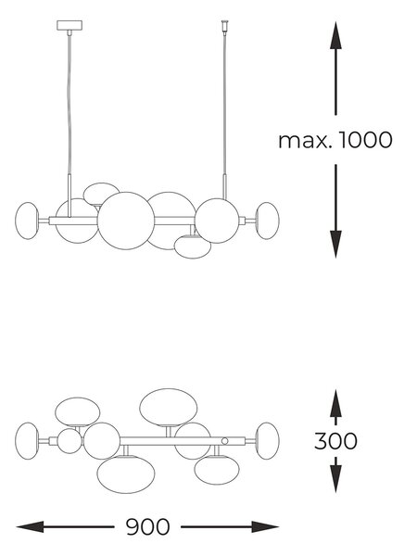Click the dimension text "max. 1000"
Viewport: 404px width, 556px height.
pyautogui.click(x=335, y=140)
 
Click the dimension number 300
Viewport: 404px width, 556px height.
pyautogui.click(x=335, y=441)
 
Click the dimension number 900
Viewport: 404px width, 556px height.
pyautogui.click(x=148, y=527)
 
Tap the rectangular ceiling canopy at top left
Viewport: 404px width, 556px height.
pyautogui.click(x=69, y=26)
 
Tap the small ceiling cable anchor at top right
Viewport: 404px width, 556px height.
pyautogui.click(x=224, y=26)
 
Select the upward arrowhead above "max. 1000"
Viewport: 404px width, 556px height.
pyautogui.click(x=335, y=35)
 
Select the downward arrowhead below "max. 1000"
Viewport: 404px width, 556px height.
pyautogui.click(x=335, y=245)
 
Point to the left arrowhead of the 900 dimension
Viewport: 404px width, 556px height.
pyautogui.click(x=31, y=527)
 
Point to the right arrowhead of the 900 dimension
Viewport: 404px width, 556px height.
pyautogui.click(x=265, y=527)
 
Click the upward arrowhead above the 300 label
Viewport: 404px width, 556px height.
pyautogui.click(x=335, y=403)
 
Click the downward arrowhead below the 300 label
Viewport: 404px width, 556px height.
pyautogui.click(x=335, y=479)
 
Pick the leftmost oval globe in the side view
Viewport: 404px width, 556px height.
pyautogui.click(x=27, y=221)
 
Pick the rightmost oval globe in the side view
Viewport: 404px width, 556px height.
pyautogui.click(x=268, y=221)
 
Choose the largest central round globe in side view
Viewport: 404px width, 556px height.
pyautogui.click(x=126, y=221)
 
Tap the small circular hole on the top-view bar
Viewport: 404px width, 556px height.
pyautogui.click(x=224, y=441)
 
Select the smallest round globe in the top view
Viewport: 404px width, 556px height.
pyautogui.click(x=69, y=441)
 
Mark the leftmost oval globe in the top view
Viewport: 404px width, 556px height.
pyautogui.click(x=27, y=441)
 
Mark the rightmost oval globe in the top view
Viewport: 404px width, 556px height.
pyautogui.click(x=268, y=441)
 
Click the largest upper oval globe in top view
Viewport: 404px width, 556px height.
pyautogui.click(x=168, y=407)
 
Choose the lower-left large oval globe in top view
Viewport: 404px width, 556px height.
pyautogui.click(x=126, y=474)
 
